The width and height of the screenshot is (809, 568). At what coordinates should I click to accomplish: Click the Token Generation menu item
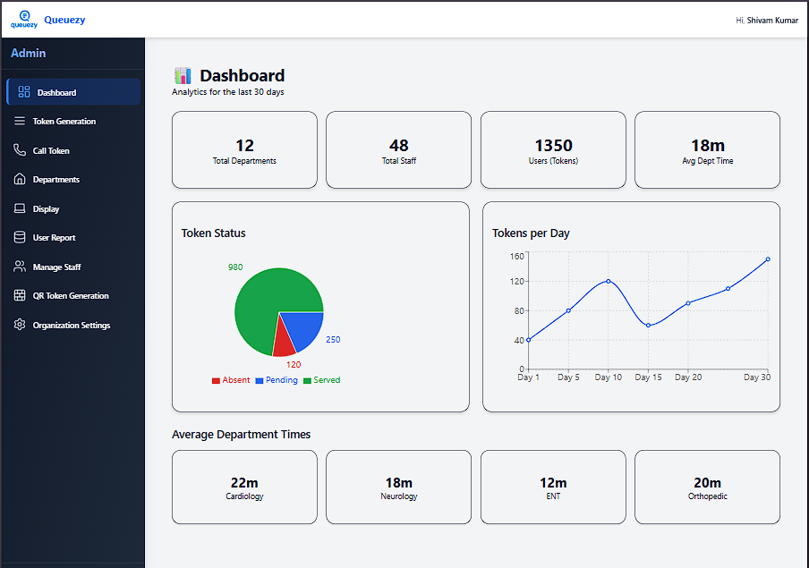tap(64, 122)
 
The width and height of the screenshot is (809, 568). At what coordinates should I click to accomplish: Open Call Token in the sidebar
tap(51, 151)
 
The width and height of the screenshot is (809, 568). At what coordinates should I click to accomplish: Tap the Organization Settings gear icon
tap(20, 325)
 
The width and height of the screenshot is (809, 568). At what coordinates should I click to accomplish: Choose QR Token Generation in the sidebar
tap(71, 296)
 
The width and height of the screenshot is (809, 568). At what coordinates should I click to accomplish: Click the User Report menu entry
tap(54, 238)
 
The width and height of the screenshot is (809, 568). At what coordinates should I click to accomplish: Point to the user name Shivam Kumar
tap(772, 20)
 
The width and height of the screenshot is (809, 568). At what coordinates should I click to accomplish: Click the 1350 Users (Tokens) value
tap(553, 146)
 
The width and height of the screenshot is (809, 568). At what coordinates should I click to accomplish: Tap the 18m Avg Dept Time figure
tap(707, 146)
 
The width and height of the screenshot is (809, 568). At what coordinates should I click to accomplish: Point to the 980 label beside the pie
tap(235, 267)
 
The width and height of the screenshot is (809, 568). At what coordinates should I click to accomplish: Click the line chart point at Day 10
tap(609, 281)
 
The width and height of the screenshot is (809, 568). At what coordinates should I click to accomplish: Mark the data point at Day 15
tap(648, 325)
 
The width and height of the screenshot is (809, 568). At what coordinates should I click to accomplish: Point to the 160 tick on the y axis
tap(516, 257)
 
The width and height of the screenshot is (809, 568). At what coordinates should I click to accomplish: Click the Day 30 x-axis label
tap(756, 377)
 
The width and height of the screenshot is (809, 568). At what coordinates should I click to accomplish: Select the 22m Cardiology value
tap(244, 483)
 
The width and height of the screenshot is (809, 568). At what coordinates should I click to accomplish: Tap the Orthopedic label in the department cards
tap(707, 496)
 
